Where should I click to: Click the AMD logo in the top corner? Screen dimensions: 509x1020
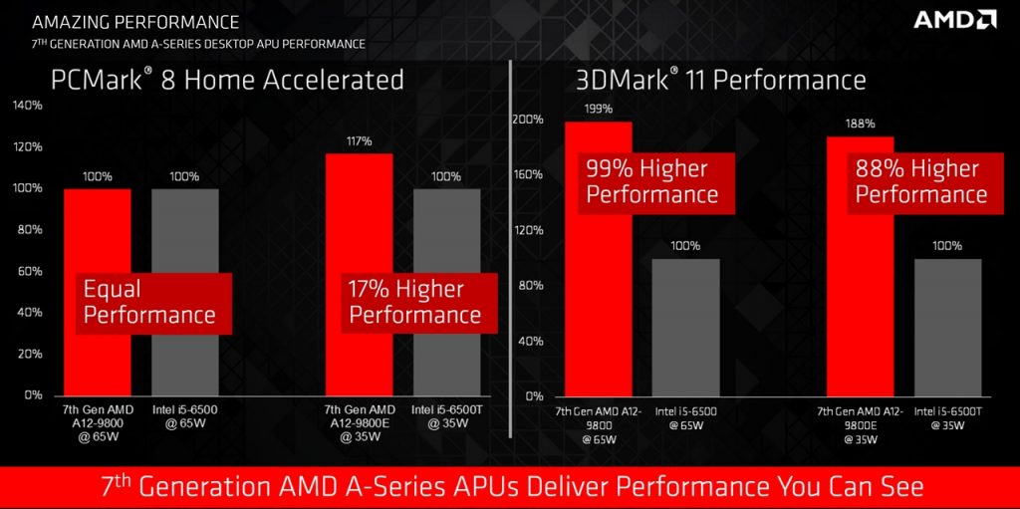coord(955,20)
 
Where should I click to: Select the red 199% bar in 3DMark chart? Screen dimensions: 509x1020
coord(598,329)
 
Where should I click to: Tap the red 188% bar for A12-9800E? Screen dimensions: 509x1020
coord(860,329)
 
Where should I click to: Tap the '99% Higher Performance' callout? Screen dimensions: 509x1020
coord(652,181)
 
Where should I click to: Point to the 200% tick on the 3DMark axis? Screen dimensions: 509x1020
coord(528,120)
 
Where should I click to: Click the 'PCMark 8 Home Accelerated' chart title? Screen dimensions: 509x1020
coord(228,79)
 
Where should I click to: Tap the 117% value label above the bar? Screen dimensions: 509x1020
coord(359,141)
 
